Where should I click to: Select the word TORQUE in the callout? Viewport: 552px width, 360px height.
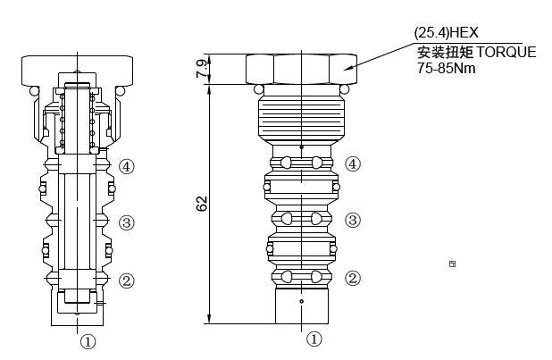coord(506,52)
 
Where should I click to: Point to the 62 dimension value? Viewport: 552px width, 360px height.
coord(201,205)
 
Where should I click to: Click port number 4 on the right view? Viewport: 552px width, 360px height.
coord(354,163)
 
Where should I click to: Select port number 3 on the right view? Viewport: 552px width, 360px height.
coord(354,221)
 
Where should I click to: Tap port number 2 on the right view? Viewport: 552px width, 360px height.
coord(354,278)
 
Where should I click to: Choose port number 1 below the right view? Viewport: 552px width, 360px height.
coord(314,339)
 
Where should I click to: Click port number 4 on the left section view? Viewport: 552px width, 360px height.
coord(127,166)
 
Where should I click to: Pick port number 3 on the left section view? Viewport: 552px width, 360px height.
coord(127,222)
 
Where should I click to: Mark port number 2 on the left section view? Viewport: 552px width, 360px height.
coord(127,280)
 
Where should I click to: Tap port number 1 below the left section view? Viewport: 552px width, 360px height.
coord(88,340)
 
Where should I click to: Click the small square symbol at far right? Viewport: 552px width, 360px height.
coord(453,264)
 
